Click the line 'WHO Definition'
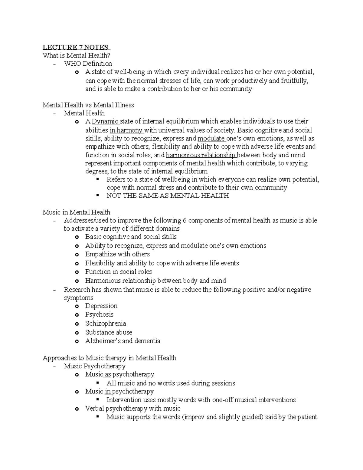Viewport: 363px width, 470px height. (x=88, y=64)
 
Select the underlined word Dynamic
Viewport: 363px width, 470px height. (x=105, y=121)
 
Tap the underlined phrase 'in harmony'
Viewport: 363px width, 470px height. (x=126, y=130)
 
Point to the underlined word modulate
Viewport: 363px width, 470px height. (x=211, y=139)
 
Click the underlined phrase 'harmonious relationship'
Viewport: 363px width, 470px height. (x=201, y=155)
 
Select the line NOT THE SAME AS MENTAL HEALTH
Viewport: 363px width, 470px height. (x=168, y=196)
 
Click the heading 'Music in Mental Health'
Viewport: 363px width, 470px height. (x=76, y=212)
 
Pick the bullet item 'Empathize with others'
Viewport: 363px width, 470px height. (x=117, y=254)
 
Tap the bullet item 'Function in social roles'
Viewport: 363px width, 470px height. (x=118, y=272)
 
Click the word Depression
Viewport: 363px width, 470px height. (x=101, y=306)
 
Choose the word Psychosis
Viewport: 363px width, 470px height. (x=99, y=314)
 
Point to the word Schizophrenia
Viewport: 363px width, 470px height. (x=106, y=324)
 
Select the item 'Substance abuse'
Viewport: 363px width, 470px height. (x=109, y=332)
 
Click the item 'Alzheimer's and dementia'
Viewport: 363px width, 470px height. (x=123, y=341)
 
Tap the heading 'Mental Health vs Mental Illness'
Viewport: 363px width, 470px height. (x=88, y=105)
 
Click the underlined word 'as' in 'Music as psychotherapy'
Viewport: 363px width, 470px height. (x=108, y=374)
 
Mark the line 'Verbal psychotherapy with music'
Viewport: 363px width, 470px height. (x=132, y=409)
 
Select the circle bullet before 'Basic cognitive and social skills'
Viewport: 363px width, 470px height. (x=77, y=237)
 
